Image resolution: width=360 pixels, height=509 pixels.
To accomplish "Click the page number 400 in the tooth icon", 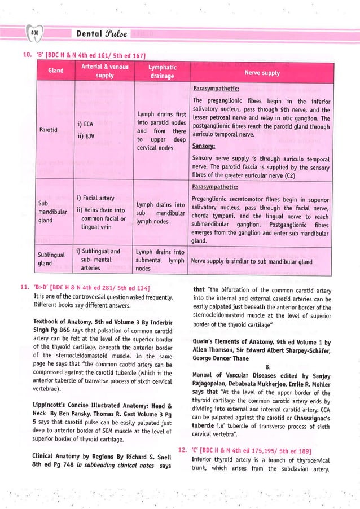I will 34,34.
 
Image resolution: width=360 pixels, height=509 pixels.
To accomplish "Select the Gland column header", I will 55,71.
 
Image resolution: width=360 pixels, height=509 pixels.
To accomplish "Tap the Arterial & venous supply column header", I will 104,71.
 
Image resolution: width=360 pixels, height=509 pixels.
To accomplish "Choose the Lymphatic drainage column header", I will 161,71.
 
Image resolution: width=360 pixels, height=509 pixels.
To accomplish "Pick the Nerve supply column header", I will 261,73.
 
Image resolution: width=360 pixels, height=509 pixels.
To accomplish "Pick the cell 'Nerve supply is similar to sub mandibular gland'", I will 252,262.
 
